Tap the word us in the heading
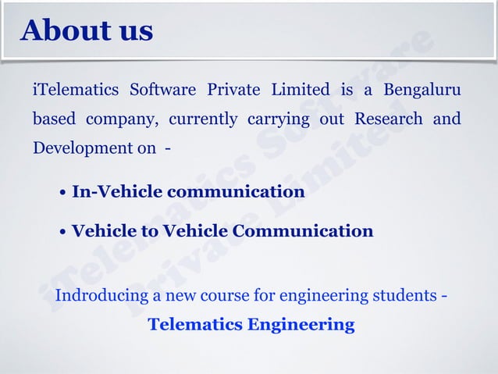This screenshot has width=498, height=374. click(x=131, y=31)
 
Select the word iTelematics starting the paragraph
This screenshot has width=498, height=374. click(x=75, y=89)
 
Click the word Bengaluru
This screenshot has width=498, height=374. click(x=422, y=89)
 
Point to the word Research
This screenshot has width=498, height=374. click(x=389, y=119)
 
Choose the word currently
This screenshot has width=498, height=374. click(x=203, y=119)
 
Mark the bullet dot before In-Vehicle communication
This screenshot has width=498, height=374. click(x=62, y=193)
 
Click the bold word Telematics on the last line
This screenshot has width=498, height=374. click(x=195, y=324)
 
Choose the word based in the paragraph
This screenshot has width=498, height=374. click(x=54, y=119)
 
